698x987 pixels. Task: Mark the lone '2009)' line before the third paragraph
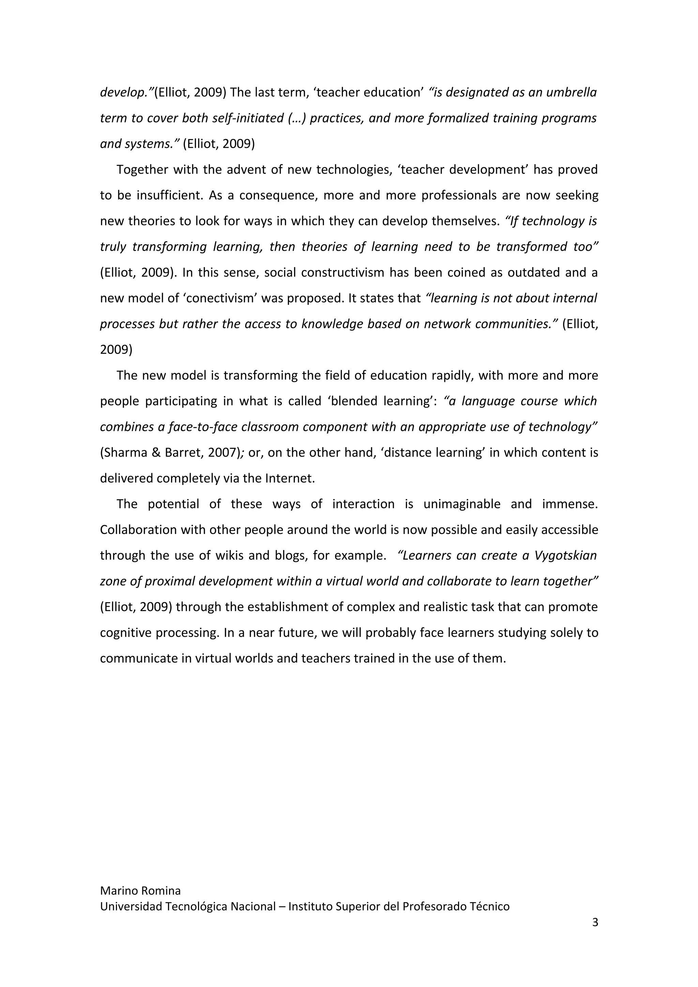[x=116, y=349]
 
